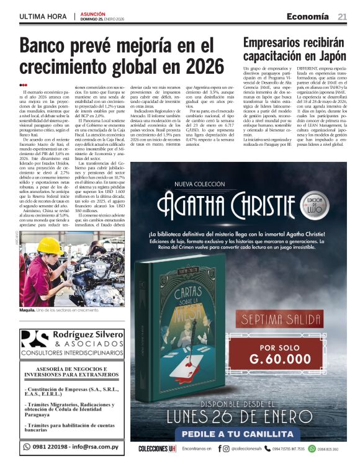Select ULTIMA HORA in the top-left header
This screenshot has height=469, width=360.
(43, 16)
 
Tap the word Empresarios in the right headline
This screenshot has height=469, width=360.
(274, 43)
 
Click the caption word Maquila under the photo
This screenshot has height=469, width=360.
(27, 310)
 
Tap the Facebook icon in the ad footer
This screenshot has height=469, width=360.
(220, 448)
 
